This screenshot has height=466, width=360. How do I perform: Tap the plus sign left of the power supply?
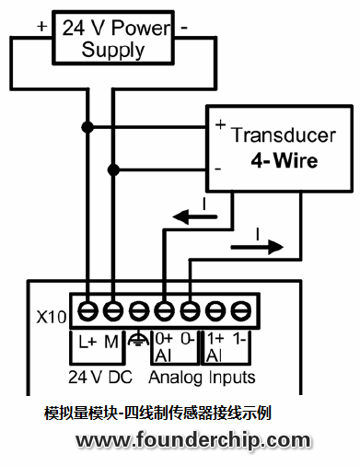tap(41, 26)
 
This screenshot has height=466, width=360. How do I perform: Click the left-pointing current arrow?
tap(194, 217)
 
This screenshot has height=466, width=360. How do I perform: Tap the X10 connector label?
tap(51, 317)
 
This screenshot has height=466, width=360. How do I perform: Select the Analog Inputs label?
tap(203, 377)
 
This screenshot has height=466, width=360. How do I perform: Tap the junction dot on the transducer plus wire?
tap(89, 124)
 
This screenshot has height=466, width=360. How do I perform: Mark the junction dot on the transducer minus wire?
tap(114, 169)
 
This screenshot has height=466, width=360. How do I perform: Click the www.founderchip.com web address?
tap(193, 440)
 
